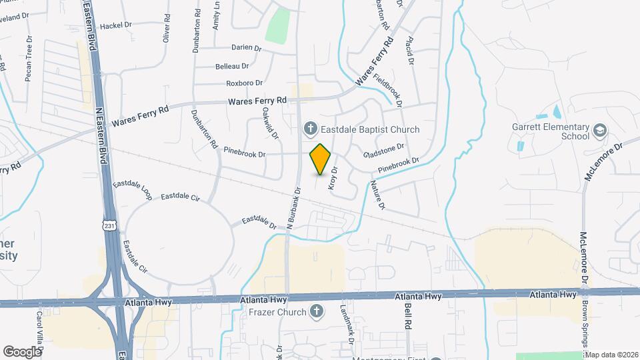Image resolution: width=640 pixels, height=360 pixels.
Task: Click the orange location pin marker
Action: click(x=321, y=159)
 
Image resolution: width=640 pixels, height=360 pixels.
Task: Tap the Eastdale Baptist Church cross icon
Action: click(x=309, y=128)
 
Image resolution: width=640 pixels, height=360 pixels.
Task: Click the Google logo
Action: click(x=21, y=351)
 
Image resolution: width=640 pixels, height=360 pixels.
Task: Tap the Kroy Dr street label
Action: click(x=333, y=179)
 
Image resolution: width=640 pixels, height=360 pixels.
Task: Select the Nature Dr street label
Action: click(x=377, y=195)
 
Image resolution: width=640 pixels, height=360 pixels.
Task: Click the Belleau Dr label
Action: click(x=232, y=66)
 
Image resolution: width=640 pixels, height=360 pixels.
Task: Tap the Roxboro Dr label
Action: click(x=235, y=83)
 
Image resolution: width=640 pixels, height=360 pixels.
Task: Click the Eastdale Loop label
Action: click(x=133, y=190)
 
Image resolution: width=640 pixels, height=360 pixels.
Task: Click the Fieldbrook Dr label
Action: click(x=389, y=90)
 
